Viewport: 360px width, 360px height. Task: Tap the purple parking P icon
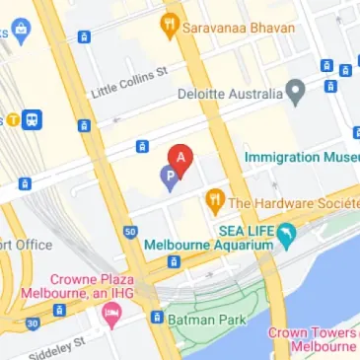(170, 179)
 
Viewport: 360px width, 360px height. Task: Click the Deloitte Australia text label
(229, 96)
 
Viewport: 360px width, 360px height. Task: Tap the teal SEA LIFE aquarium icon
(287, 236)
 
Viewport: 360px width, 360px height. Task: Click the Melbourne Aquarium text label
(206, 245)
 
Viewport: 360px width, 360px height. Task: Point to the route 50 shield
(130, 232)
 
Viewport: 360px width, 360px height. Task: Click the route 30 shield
(33, 323)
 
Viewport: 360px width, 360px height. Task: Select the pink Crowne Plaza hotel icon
(110, 315)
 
